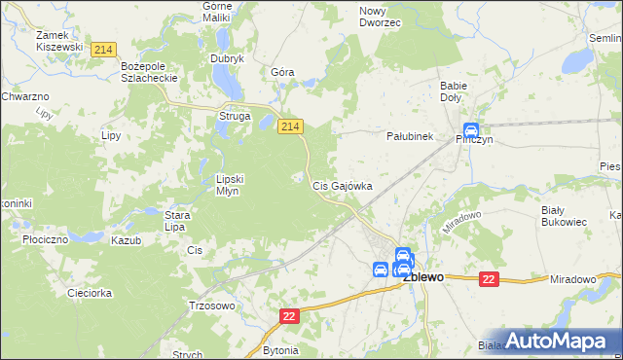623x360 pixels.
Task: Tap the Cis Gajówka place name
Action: coord(341,185)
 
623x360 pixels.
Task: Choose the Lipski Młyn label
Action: coord(235,184)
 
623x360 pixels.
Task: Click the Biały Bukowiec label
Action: coord(564,215)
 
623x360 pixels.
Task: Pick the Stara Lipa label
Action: coord(175,221)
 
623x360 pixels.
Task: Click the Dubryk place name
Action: coord(227,58)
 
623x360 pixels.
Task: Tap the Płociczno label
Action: coord(44,238)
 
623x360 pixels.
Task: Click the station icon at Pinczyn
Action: coord(471,130)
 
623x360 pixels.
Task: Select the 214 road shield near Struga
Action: coord(290,126)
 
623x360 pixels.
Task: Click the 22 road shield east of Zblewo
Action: coord(489,279)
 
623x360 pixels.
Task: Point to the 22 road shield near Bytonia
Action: coord(290,317)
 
